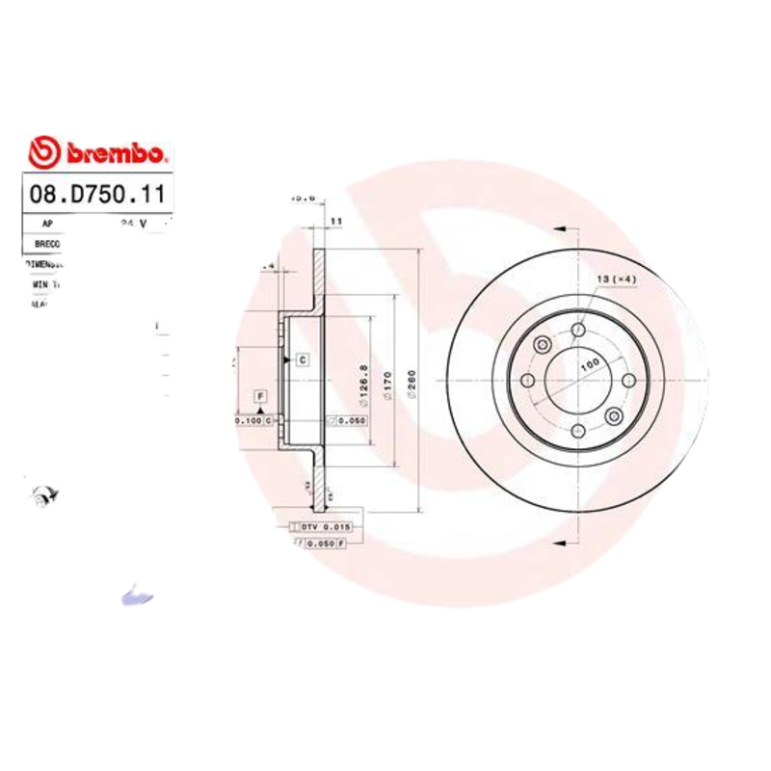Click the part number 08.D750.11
click(x=94, y=193)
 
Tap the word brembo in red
click(x=116, y=154)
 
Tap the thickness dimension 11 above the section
click(x=336, y=222)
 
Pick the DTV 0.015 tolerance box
click(x=322, y=527)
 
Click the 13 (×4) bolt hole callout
click(x=616, y=279)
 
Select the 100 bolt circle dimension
click(x=589, y=364)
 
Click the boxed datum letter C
click(x=302, y=359)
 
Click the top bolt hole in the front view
click(x=577, y=331)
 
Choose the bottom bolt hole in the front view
click(x=577, y=431)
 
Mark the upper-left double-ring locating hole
click(x=542, y=345)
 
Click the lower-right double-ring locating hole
click(x=614, y=415)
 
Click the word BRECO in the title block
click(x=46, y=244)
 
